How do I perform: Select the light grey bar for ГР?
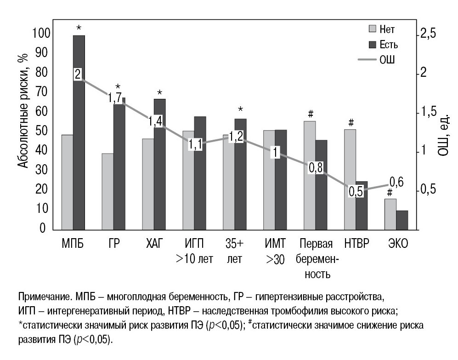107,191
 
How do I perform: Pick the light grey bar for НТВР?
350,179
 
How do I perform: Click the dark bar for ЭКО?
402,220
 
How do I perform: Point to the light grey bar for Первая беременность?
310,175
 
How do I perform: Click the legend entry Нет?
381,30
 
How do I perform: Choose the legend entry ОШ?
381,60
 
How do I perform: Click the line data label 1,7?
115,97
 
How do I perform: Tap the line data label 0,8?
315,168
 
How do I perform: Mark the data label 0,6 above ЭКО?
396,182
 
